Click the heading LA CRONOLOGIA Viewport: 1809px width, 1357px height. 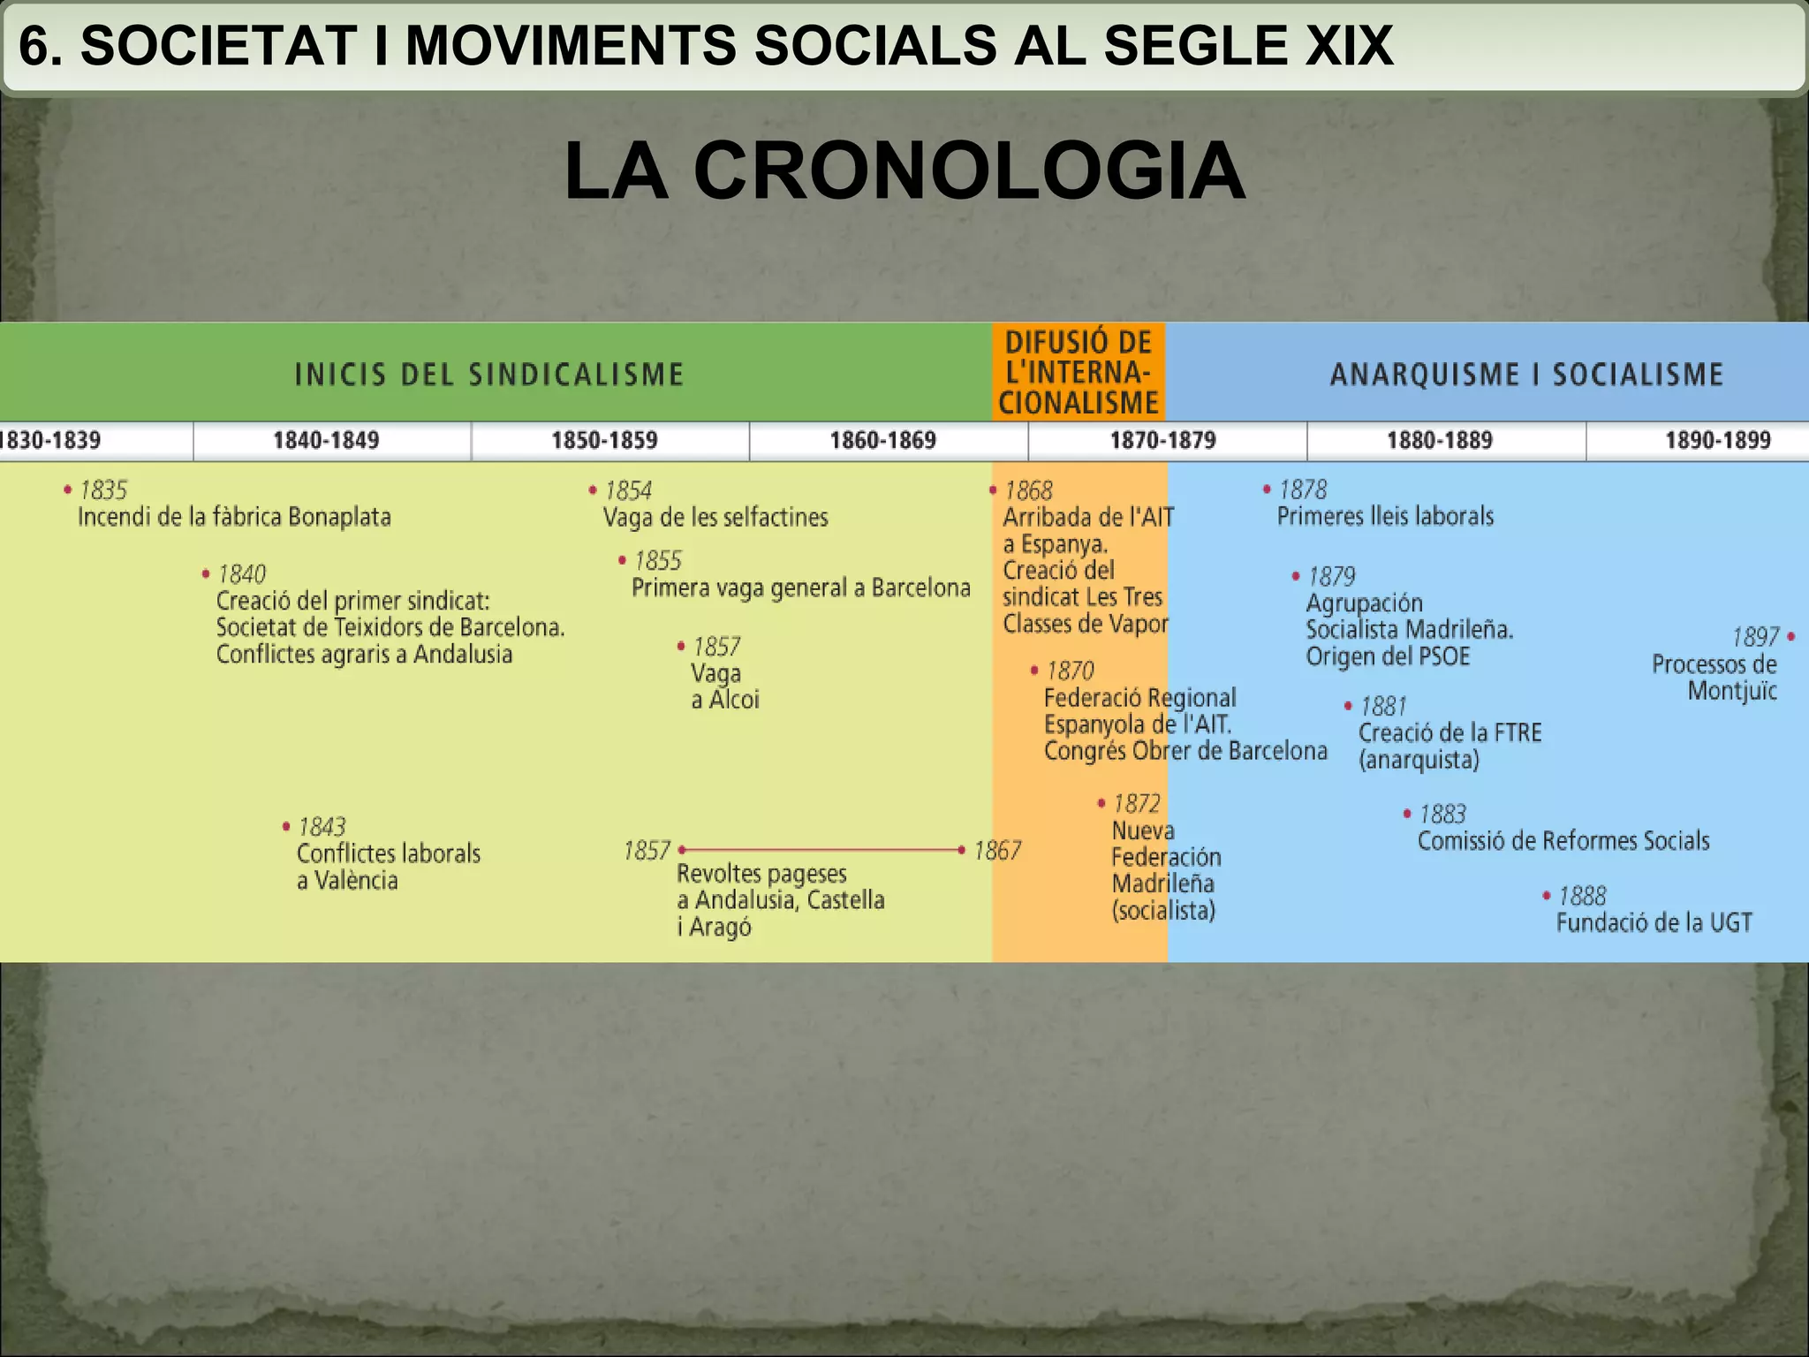click(904, 171)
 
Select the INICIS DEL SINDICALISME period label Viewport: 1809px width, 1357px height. click(489, 375)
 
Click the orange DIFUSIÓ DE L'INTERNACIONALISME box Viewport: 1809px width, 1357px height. click(1079, 372)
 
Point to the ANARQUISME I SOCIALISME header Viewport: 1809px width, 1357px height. click(1526, 375)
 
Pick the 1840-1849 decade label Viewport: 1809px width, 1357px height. click(326, 440)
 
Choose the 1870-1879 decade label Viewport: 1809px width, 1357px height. click(1162, 440)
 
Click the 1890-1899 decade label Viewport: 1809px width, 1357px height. click(1717, 440)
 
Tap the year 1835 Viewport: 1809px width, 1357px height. click(103, 490)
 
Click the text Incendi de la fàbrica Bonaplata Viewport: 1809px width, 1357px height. click(234, 517)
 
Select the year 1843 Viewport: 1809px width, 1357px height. click(322, 827)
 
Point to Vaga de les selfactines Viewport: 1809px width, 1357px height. click(715, 518)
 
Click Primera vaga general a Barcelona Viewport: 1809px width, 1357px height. click(800, 588)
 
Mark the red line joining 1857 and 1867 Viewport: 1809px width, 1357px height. click(821, 850)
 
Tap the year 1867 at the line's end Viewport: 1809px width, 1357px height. click(997, 851)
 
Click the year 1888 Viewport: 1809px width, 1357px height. click(1582, 896)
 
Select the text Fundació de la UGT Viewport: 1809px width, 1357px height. click(1654, 923)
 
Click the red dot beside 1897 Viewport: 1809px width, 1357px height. click(1790, 636)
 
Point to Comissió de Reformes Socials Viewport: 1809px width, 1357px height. click(1563, 841)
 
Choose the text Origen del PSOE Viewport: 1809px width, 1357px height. click(1388, 657)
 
